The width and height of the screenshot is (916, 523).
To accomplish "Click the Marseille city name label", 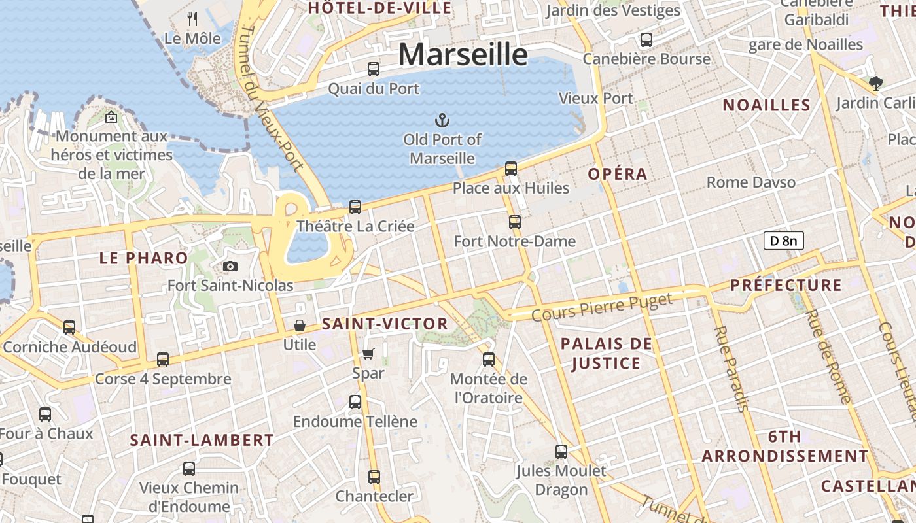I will [x=463, y=54].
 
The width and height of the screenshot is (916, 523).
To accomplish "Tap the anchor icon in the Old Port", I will [x=442, y=120].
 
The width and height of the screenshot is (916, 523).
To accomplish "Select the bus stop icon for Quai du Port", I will [x=374, y=69].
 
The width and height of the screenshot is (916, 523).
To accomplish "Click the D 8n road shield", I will [x=783, y=241].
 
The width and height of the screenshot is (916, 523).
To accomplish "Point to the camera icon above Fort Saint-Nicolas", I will [x=230, y=266].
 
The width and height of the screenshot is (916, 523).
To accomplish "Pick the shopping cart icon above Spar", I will [x=368, y=354].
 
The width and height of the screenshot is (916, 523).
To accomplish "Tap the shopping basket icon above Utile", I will [x=300, y=325].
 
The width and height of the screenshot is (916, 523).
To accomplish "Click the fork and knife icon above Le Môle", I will [x=192, y=19].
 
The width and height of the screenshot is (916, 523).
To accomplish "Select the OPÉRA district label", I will [x=618, y=174].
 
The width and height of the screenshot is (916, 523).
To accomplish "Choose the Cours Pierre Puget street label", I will [x=602, y=307].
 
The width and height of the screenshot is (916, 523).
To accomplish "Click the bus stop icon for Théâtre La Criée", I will [x=355, y=207].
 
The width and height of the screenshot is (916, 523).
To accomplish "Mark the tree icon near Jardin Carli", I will [x=876, y=84].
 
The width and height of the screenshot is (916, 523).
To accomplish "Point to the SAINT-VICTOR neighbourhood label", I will [x=385, y=324].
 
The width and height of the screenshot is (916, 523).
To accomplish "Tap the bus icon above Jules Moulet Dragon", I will [x=561, y=451].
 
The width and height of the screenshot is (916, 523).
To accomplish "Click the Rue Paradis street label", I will [x=731, y=369].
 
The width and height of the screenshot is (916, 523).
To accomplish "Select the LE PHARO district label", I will [x=144, y=258].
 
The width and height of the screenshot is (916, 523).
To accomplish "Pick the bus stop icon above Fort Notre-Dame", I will [x=515, y=222].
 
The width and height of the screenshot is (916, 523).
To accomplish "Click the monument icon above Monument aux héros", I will [x=111, y=118].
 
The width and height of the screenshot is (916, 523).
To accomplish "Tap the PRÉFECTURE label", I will [x=786, y=285].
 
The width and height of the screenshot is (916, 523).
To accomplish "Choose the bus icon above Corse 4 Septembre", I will [x=163, y=360].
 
